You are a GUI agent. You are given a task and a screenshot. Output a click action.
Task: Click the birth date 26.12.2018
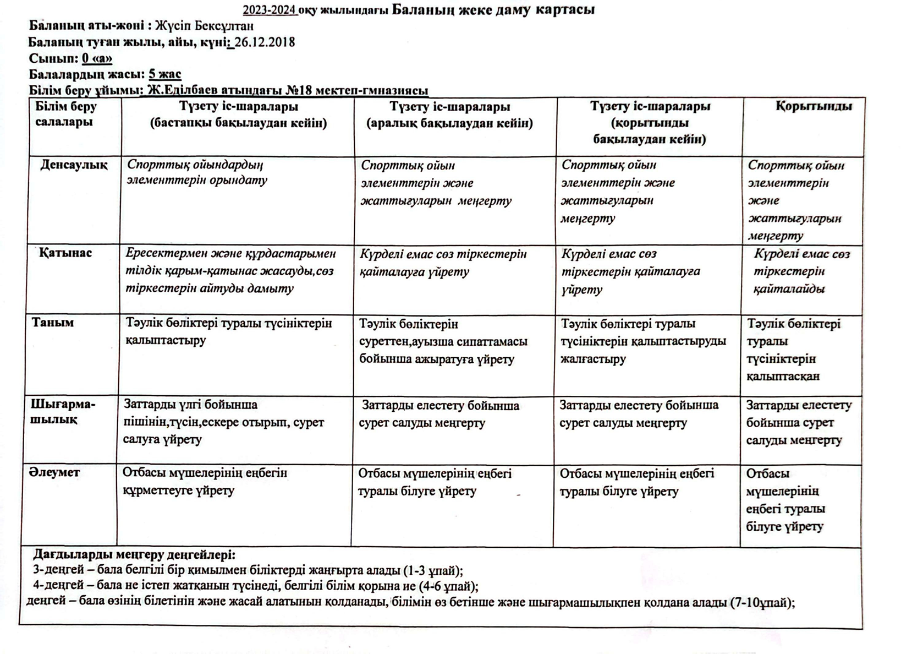265,42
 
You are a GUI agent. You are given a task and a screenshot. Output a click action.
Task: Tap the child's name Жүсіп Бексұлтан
204,26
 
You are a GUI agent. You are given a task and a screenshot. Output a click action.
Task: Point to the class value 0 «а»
97,58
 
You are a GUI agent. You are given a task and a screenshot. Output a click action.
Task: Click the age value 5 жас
165,74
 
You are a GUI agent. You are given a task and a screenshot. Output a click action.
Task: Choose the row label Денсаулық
74,165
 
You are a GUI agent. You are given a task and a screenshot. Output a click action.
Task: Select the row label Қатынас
65,253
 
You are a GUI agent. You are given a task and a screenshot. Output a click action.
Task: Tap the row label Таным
53,323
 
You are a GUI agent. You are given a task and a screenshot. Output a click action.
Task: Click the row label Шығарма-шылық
63,412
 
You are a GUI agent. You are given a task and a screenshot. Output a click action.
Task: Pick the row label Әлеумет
54,472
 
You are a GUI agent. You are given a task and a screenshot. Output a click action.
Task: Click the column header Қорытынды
814,106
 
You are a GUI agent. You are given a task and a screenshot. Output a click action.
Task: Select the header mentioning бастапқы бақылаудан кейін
238,115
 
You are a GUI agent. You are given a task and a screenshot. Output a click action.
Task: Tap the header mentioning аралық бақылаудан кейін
449,115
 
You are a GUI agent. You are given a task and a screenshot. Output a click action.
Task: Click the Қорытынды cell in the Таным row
793,350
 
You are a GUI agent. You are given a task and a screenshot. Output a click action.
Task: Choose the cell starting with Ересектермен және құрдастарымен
230,271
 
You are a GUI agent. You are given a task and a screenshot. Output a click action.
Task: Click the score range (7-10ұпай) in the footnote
761,602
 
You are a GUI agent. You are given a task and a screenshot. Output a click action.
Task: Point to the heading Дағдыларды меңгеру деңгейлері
134,554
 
